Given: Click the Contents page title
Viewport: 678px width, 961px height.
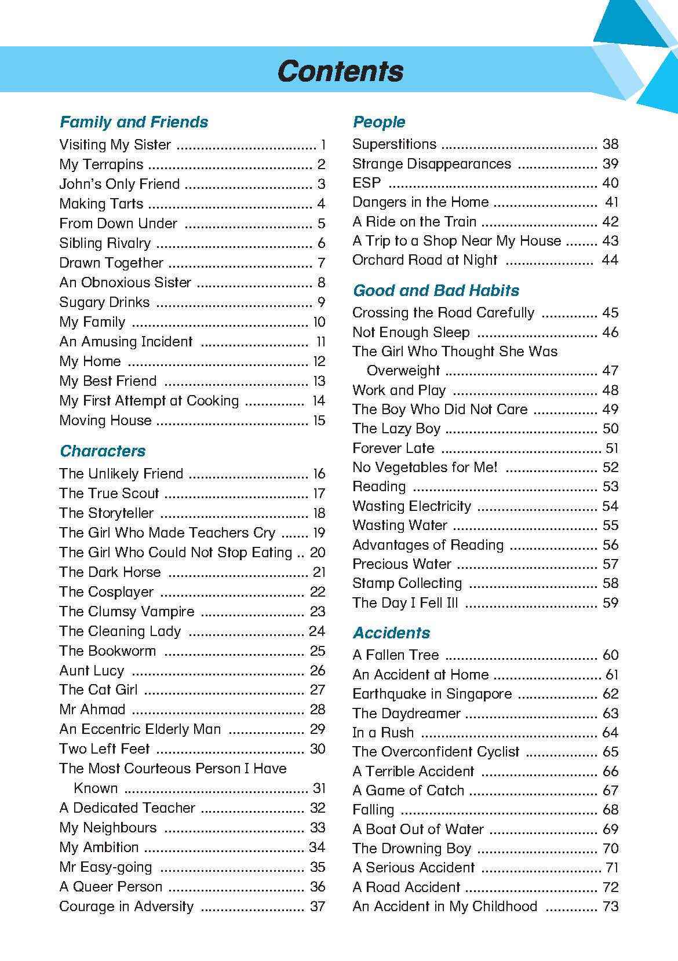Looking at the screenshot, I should coord(340,71).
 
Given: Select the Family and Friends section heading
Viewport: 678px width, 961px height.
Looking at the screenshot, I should coord(134,122).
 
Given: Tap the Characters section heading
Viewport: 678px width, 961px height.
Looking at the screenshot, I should coord(103,451).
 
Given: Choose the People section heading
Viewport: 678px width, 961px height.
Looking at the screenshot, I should coord(379,122).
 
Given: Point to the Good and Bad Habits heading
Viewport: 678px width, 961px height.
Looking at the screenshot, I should coord(436,291).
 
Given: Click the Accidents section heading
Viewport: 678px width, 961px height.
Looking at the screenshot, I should coord(392,633).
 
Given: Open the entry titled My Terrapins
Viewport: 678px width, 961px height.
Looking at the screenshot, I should coord(101,165).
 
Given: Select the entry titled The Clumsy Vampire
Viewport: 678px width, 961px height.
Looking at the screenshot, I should coord(127,612).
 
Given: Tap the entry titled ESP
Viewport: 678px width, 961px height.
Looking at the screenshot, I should coord(367,183).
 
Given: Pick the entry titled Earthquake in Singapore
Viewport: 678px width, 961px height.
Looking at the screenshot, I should coord(432,694).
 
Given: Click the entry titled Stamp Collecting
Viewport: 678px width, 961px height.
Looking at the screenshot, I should coord(407,583).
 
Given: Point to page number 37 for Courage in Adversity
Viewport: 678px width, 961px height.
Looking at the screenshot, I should coord(318,907).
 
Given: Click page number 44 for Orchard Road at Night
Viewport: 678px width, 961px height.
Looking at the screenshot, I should coord(610,260).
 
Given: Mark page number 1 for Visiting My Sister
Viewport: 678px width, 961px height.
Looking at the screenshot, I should coord(323,145).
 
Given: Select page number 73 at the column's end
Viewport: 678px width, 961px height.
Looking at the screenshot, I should coord(611,907).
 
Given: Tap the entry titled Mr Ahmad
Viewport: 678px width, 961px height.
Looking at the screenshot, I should coord(92,710).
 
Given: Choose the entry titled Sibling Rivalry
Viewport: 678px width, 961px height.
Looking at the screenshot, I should coord(105,243).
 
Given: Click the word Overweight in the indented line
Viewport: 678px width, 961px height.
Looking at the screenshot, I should coord(403,371).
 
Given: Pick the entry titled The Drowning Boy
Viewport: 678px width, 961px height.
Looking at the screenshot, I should coord(411,849).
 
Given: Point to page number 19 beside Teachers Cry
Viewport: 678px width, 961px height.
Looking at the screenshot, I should coord(319,533).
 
